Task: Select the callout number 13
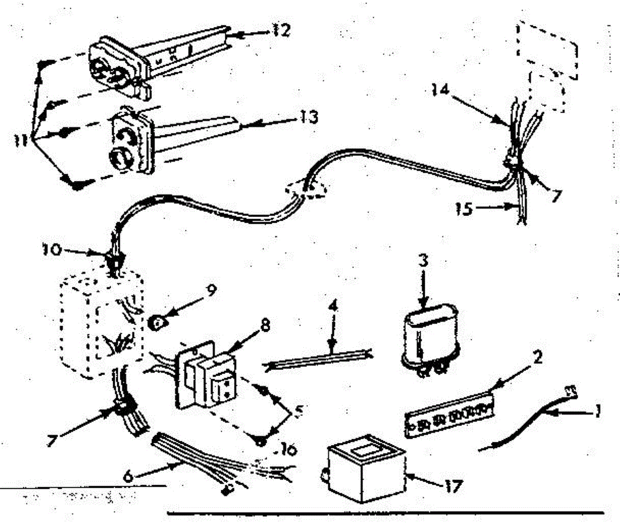pyautogui.click(x=309, y=118)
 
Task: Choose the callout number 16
pyautogui.click(x=289, y=450)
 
